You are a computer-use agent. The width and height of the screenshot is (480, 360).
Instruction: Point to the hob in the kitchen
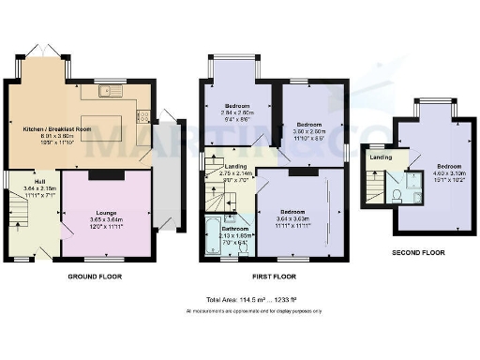click(143, 118)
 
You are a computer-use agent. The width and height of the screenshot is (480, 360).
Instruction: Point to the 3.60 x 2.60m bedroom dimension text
click(310, 131)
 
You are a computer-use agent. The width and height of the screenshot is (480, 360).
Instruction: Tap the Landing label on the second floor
click(382, 157)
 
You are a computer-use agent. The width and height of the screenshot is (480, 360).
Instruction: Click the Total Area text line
click(240, 299)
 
